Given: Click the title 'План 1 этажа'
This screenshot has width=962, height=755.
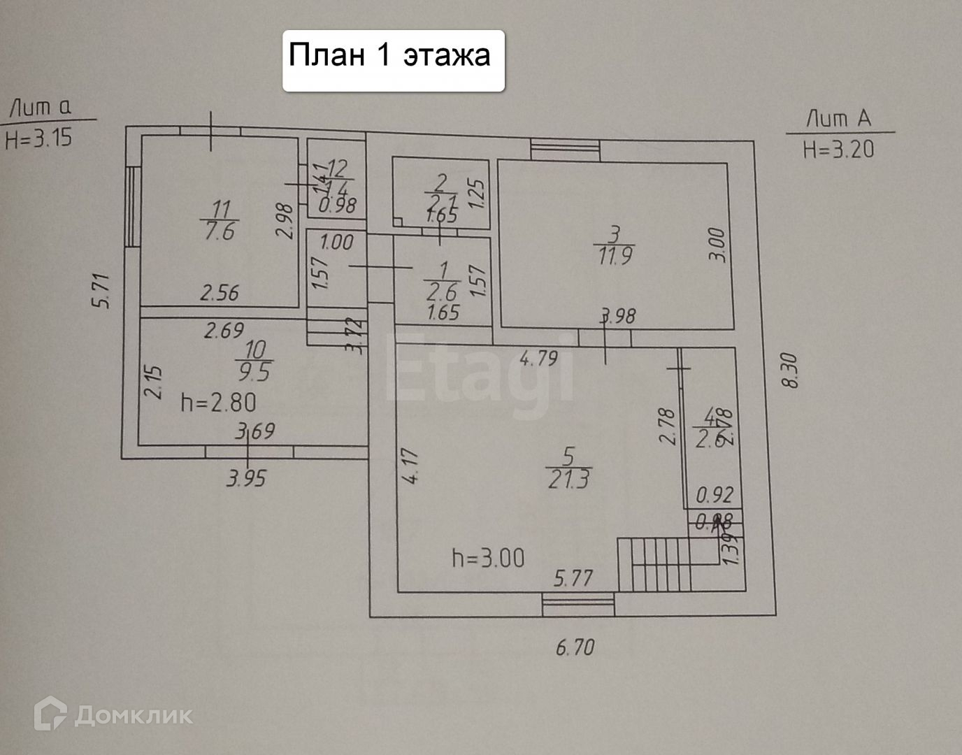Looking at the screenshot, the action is tap(389, 55).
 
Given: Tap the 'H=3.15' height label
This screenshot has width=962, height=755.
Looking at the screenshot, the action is tap(38, 138).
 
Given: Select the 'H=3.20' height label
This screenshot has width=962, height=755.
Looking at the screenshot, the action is tap(838, 149).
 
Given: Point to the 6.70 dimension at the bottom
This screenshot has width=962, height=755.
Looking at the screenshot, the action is tap(575, 647).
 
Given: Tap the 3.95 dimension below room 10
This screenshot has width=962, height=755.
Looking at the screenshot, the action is tap(246, 479).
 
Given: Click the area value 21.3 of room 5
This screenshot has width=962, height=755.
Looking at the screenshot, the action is tap(568, 480).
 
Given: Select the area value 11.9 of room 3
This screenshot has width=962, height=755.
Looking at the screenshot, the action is tap(615, 255).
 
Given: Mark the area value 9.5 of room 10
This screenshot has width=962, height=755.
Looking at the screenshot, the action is tap(254, 371).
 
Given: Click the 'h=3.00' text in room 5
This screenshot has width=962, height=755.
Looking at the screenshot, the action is tap(488, 559).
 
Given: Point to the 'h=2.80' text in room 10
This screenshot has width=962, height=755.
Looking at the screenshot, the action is tap(218, 402).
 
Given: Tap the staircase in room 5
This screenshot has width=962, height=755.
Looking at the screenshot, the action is tap(654, 563).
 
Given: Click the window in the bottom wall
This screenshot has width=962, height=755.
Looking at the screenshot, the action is tap(578, 603).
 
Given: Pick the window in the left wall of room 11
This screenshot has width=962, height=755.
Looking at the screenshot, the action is tap(131, 205).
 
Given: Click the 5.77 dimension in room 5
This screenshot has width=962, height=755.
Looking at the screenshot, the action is tap(573, 578).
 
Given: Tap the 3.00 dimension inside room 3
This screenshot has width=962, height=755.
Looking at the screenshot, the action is tap(721, 245).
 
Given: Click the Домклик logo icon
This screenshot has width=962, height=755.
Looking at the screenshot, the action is tap(50, 714).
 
